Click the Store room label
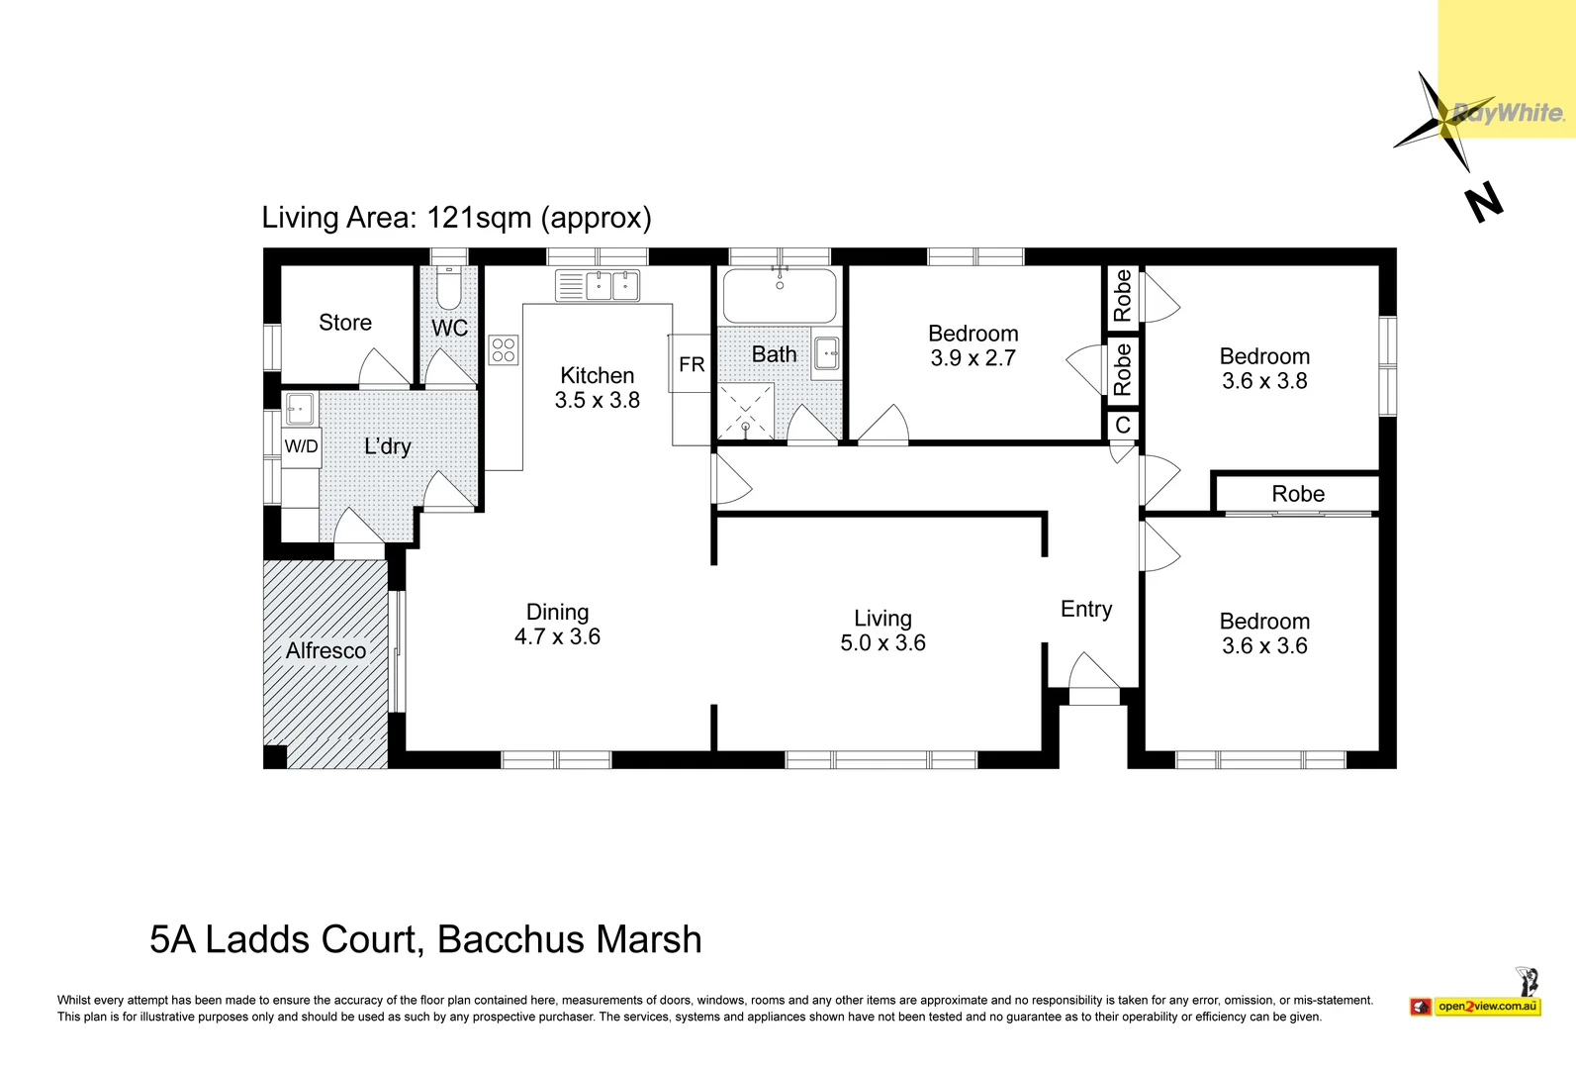345,323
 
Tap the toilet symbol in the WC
449,288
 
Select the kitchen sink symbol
598,285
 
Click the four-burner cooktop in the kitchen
504,349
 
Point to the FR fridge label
692,364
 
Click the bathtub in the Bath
780,295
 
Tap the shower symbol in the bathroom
746,411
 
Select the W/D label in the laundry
301,446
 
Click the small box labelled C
1123,425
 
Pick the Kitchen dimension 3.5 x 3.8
597,400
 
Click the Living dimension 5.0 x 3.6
882,643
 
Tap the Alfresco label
325,651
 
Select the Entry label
1086,609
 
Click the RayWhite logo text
1509,113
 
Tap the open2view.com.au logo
1487,1007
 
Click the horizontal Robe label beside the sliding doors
1298,494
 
